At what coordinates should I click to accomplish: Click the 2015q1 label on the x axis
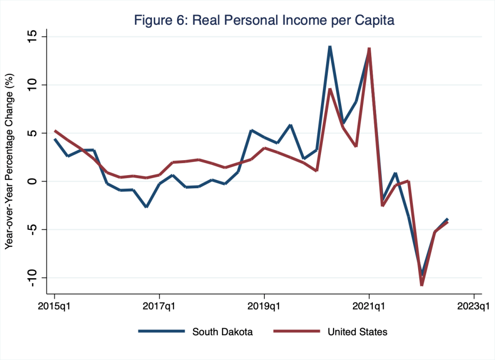click(x=55, y=306)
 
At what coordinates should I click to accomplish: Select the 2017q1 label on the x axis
click(x=160, y=306)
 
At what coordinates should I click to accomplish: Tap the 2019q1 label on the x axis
click(x=264, y=306)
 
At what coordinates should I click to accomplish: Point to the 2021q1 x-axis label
click(x=369, y=306)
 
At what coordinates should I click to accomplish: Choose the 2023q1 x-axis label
click(x=474, y=306)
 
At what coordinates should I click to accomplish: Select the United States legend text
click(x=357, y=331)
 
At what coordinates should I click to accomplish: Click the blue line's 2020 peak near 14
click(x=330, y=46)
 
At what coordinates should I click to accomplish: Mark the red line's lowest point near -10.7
click(x=422, y=285)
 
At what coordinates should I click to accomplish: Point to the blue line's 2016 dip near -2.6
click(x=146, y=207)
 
